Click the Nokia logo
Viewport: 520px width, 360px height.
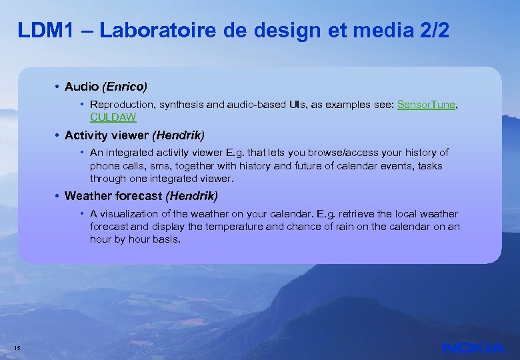pos(473,347)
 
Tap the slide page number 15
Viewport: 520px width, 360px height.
pos(17,348)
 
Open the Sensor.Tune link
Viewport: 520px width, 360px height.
pos(426,105)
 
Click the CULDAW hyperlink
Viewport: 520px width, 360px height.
pos(113,117)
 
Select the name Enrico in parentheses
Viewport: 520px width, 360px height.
pos(125,87)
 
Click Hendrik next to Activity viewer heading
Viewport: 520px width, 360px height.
pos(179,135)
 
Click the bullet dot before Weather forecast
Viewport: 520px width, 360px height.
pos(58,196)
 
